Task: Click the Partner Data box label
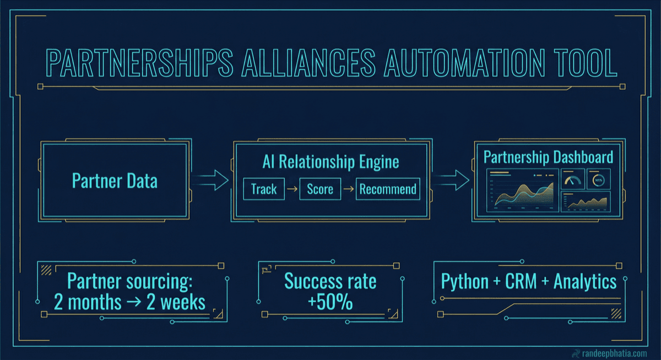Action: pyautogui.click(x=115, y=181)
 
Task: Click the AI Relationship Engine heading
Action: pyautogui.click(x=330, y=162)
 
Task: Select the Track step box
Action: pyautogui.click(x=264, y=189)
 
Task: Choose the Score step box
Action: pyautogui.click(x=320, y=189)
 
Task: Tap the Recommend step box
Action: pyautogui.click(x=388, y=189)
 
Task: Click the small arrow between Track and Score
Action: pyautogui.click(x=292, y=189)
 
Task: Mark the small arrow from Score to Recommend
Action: pyautogui.click(x=348, y=189)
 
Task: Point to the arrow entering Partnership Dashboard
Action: pyautogui.click(x=450, y=179)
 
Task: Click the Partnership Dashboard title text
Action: pyautogui.click(x=548, y=157)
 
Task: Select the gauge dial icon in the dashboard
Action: pyautogui.click(x=573, y=179)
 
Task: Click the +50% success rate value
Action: pyautogui.click(x=330, y=302)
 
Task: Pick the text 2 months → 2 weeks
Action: pyautogui.click(x=129, y=302)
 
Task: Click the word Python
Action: pyautogui.click(x=464, y=282)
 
